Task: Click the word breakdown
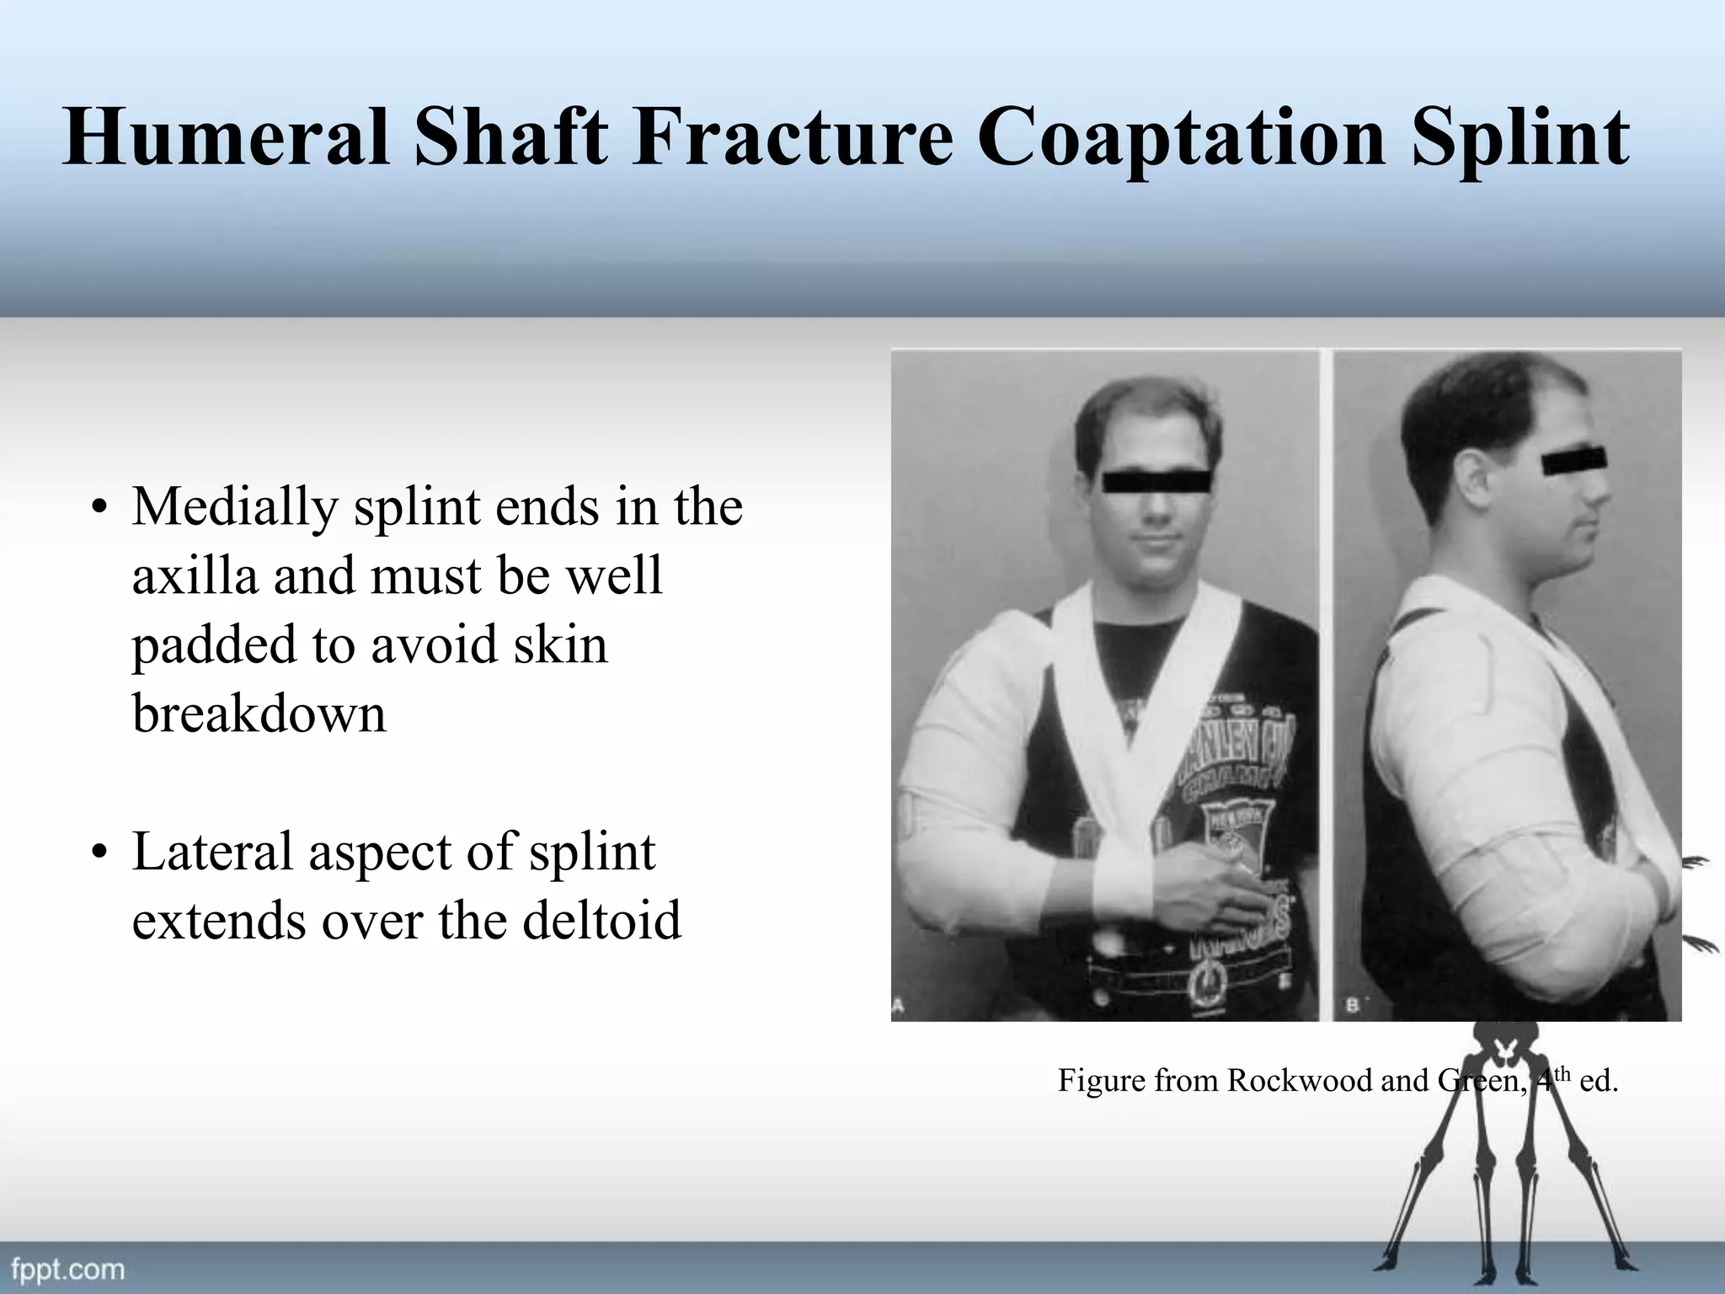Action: click(x=259, y=714)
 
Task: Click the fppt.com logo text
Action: click(x=67, y=1269)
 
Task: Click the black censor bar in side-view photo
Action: click(x=1573, y=463)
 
